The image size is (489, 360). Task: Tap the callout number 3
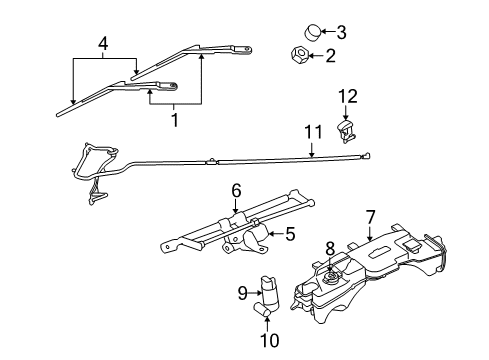coord(340,31)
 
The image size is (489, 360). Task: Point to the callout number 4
coord(101,45)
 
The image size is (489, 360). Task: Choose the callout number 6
coord(237,190)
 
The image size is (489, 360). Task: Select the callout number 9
coord(241,293)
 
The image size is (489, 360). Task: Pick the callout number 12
coord(348,96)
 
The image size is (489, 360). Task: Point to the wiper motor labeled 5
coord(252,264)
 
